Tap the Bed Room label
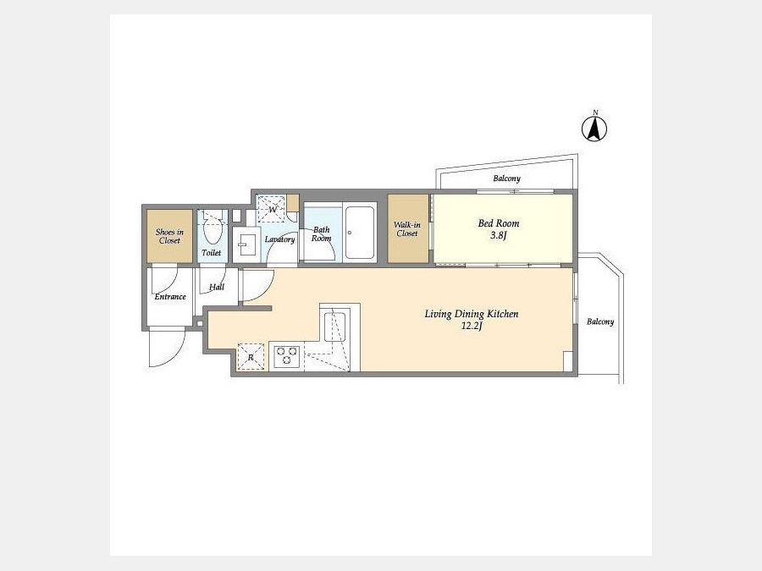[499, 223]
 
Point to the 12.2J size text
[472, 326]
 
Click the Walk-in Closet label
[407, 228]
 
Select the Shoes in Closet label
[169, 236]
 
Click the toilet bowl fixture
[212, 228]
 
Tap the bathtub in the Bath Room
[360, 232]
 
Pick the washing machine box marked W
[271, 209]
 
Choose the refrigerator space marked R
[251, 357]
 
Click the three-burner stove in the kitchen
[286, 356]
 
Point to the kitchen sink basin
[334, 327]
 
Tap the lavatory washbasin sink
[246, 244]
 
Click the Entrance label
[170, 296]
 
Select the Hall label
[217, 287]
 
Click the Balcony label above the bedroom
[507, 178]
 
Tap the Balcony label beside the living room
[600, 321]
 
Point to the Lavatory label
[280, 239]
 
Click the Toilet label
[212, 252]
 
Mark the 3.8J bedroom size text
[499, 236]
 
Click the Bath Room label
[321, 233]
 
